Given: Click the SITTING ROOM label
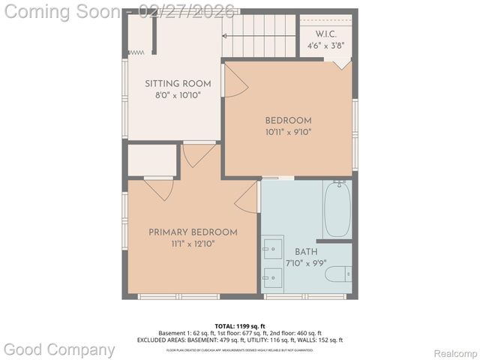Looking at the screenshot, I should click(x=178, y=84).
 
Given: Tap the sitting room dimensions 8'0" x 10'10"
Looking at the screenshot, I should click(x=178, y=95).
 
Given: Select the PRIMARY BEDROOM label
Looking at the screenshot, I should click(x=193, y=232).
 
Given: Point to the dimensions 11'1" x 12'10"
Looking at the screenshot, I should click(x=193, y=244).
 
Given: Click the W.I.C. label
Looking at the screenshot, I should click(x=326, y=34).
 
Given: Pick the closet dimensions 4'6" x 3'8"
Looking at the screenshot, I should click(x=326, y=46).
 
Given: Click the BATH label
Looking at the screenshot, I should click(x=306, y=252).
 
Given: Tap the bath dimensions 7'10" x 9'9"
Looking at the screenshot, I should click(x=306, y=263).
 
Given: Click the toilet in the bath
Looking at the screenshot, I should click(x=337, y=274).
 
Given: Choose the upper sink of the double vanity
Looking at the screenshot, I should click(x=271, y=247).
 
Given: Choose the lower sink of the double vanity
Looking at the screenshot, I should click(x=271, y=277).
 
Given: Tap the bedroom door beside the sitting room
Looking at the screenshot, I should click(x=235, y=81).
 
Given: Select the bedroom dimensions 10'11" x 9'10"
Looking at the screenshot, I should click(x=288, y=132).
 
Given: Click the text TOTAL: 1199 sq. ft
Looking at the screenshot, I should click(x=239, y=326).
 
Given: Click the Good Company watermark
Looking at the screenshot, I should click(x=60, y=349).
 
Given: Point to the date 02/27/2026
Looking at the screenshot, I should click(x=187, y=11).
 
